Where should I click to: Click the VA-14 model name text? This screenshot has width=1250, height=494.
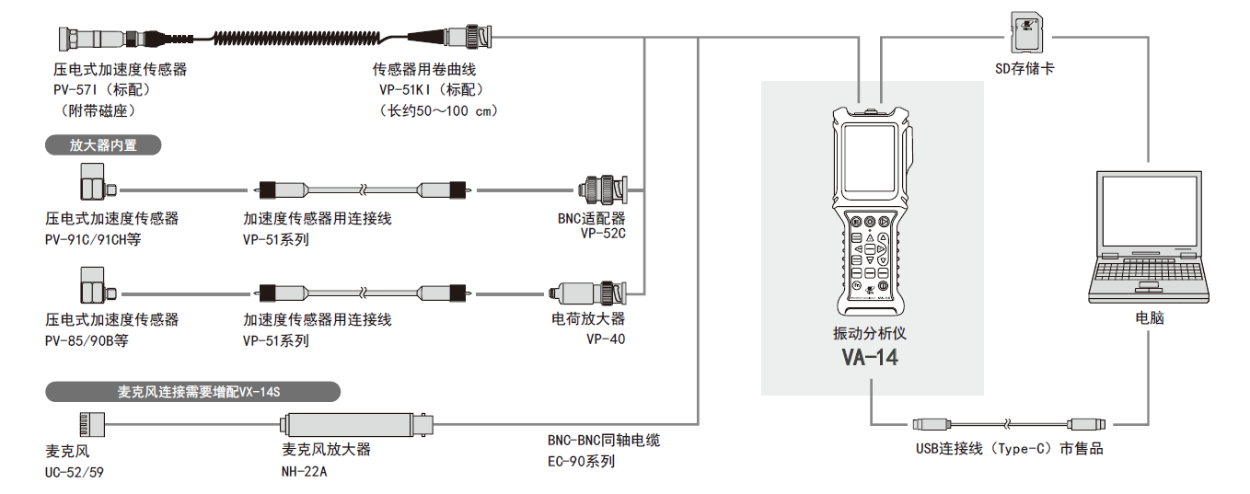point(869,357)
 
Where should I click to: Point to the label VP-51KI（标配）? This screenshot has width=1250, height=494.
point(428,90)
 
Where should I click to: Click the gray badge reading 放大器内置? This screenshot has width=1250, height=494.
point(103,145)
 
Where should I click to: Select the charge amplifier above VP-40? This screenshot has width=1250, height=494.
point(589,293)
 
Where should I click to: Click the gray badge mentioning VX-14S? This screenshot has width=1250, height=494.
point(192,392)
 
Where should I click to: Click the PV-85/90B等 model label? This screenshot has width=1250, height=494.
point(87,341)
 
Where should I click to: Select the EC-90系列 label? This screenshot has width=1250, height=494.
point(581,461)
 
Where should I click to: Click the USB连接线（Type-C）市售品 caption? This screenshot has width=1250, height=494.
point(1009,449)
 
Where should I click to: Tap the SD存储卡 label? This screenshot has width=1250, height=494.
point(1024,68)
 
